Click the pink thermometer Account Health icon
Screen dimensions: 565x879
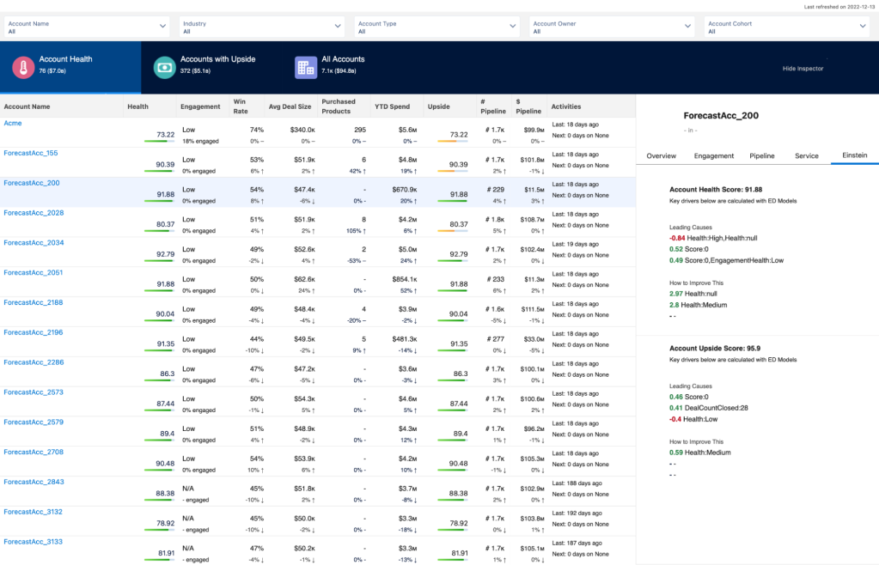23,68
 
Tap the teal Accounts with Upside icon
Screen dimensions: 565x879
164,68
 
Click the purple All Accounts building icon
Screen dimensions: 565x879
305,68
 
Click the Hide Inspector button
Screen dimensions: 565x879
803,68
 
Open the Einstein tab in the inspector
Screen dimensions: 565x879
854,155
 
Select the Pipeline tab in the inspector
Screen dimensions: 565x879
762,155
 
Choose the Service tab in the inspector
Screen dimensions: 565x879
807,155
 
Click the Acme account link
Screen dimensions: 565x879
13,124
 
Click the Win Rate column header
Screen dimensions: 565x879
240,106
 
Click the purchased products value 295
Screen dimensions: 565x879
360,130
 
